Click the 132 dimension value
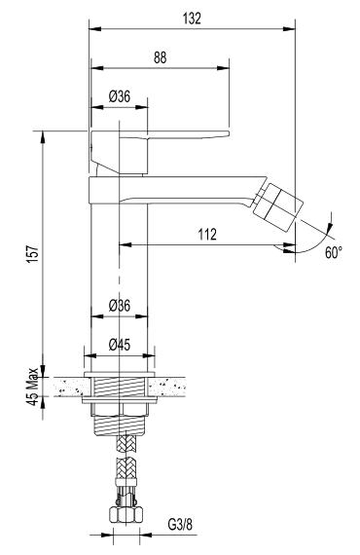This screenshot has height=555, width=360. click(x=192, y=18)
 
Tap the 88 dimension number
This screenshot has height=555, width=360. click(x=160, y=57)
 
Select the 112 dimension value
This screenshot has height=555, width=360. click(x=207, y=235)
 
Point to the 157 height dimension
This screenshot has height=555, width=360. click(x=33, y=253)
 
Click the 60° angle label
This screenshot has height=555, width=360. click(x=334, y=253)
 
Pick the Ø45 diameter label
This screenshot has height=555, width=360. click(x=120, y=345)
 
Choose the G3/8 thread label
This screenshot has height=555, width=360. click(x=180, y=525)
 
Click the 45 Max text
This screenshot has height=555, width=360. click(x=33, y=387)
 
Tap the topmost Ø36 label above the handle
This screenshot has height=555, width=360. click(x=120, y=96)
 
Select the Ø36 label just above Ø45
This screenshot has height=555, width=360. click(x=120, y=305)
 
